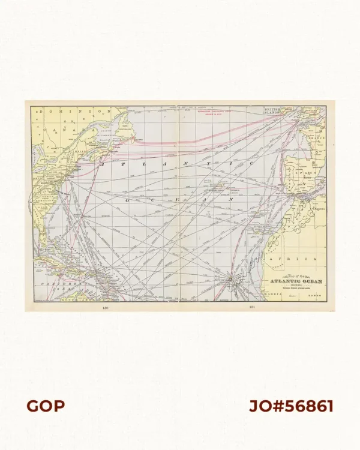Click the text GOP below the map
coord(46,406)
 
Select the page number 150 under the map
coord(106,308)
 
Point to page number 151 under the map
coord(252,308)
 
